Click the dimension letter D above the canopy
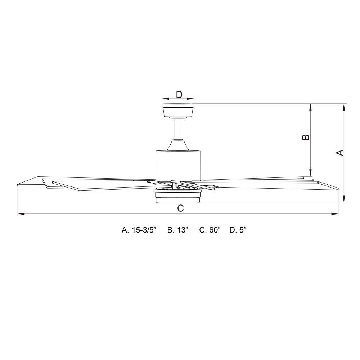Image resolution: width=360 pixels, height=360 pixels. [179, 94]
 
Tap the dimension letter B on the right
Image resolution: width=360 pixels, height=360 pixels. [306, 137]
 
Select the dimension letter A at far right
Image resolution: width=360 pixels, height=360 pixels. [340, 153]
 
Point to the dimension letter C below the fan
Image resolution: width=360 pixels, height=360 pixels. [181, 208]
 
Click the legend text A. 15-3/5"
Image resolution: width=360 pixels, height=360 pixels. [139, 230]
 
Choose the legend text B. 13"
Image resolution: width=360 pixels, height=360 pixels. [178, 230]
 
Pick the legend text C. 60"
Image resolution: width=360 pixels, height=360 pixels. [210, 230]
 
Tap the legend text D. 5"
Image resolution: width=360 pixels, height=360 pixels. [238, 230]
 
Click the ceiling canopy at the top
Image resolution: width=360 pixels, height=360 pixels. [178, 111]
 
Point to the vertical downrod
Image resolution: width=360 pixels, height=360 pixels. [178, 129]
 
